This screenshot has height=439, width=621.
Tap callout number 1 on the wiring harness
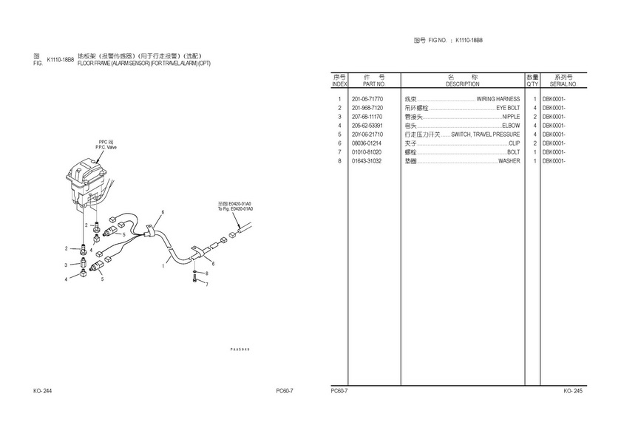(x=163, y=266)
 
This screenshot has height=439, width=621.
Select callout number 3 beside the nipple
(x=65, y=265)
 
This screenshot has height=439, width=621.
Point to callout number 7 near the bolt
(x=207, y=285)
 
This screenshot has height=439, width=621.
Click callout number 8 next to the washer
(x=207, y=273)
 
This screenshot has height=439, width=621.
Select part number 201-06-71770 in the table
(x=367, y=99)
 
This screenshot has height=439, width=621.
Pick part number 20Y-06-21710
(x=367, y=135)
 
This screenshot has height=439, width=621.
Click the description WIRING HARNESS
(x=498, y=99)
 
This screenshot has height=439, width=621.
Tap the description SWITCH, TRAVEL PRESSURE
(x=485, y=135)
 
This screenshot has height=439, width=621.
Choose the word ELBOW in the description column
(x=511, y=126)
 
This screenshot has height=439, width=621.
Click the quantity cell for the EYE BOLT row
(x=534, y=108)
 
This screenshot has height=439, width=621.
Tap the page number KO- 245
(x=573, y=391)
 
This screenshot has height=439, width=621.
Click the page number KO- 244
(x=42, y=391)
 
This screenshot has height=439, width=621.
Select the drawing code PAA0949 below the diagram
(x=240, y=349)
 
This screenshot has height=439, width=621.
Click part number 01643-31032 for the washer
(x=367, y=161)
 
